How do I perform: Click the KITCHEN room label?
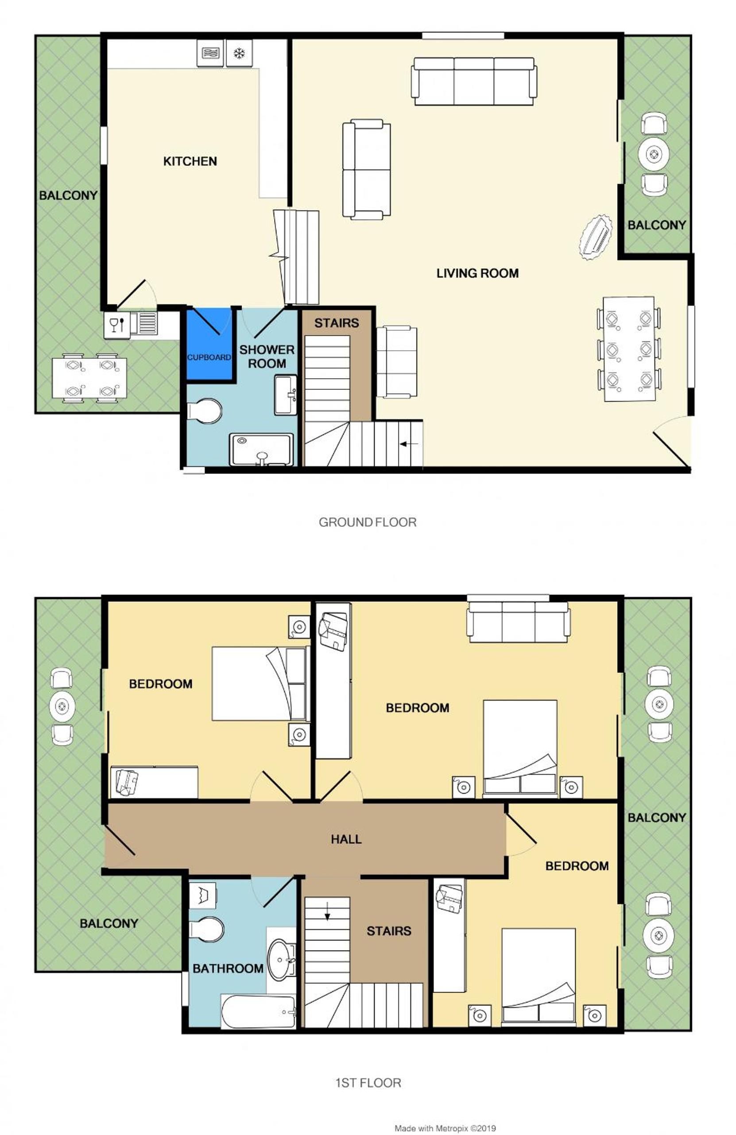(190, 161)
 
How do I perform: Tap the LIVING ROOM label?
(477, 273)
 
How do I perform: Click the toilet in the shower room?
(204, 411)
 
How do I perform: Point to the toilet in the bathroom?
(206, 929)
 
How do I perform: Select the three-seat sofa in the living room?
(474, 81)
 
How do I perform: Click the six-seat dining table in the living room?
(629, 349)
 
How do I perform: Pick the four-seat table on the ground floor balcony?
(89, 378)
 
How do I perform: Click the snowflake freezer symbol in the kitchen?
(239, 53)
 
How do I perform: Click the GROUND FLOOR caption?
(367, 522)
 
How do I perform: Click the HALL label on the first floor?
(346, 839)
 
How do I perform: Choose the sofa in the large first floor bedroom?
(518, 622)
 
